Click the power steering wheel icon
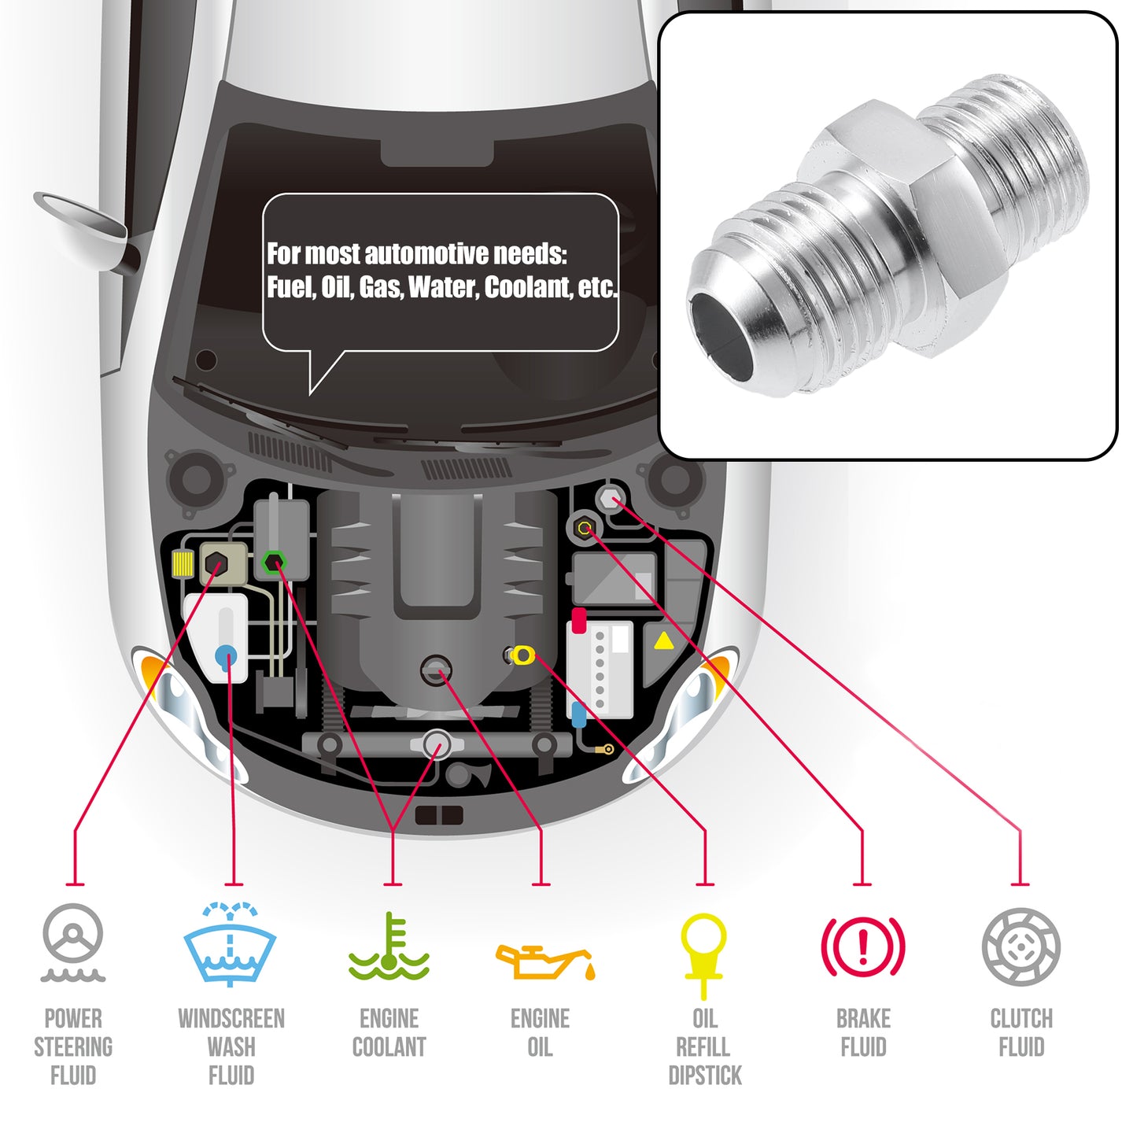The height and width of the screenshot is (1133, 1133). click(73, 943)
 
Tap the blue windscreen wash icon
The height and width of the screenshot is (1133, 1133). click(230, 945)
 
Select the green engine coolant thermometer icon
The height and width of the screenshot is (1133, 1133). click(389, 947)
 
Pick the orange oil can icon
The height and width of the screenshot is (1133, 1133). click(545, 962)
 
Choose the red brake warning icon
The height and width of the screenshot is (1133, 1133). click(863, 947)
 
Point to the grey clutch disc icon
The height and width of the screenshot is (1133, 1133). click(1021, 946)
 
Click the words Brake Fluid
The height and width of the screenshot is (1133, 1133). click(863, 1033)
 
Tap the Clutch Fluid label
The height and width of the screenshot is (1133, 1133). click(1021, 1033)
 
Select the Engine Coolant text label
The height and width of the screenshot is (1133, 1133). click(389, 1033)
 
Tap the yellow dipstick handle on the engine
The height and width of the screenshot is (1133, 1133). click(522, 655)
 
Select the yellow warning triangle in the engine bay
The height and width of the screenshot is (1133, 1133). click(664, 641)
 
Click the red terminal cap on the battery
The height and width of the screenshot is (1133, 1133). click(578, 620)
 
